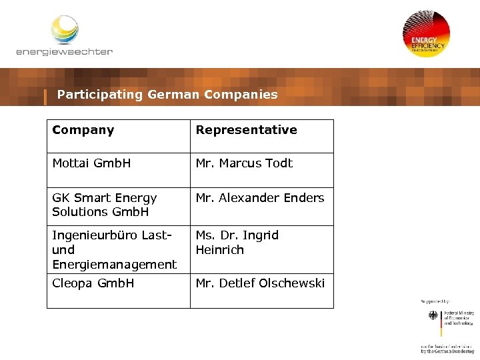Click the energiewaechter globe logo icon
pos(65,30)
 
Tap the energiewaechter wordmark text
pos(64,52)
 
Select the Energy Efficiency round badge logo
pos(426,34)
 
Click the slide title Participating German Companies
pos(167,95)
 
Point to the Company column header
pos(83,130)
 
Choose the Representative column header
pos(246,130)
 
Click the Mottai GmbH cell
pos(92,163)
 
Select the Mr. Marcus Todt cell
pos(244,163)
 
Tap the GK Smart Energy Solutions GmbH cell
pos(105,205)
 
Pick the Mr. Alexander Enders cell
pos(260,198)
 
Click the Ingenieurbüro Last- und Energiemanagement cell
pos(114,250)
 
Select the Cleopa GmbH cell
pos(93,283)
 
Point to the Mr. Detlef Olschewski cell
pos(260,283)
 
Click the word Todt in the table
pos(279,163)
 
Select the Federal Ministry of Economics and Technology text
pos(458,317)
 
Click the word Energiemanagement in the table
pos(114,265)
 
